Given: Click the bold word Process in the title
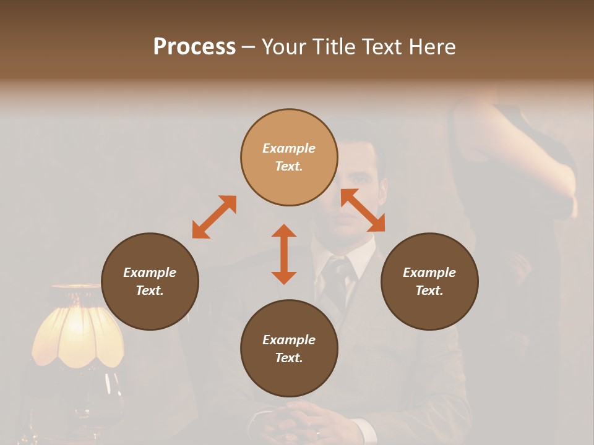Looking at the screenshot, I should point(194,47).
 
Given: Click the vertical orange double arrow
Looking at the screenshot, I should point(284,254).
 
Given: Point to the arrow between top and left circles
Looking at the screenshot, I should point(214,217).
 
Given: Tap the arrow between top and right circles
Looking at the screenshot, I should point(363,211).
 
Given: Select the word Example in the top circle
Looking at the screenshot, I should point(289,148).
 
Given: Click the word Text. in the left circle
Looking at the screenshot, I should point(150,290).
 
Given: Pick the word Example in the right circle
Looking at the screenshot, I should point(429,273).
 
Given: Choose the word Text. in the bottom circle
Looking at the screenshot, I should point(289,358).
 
